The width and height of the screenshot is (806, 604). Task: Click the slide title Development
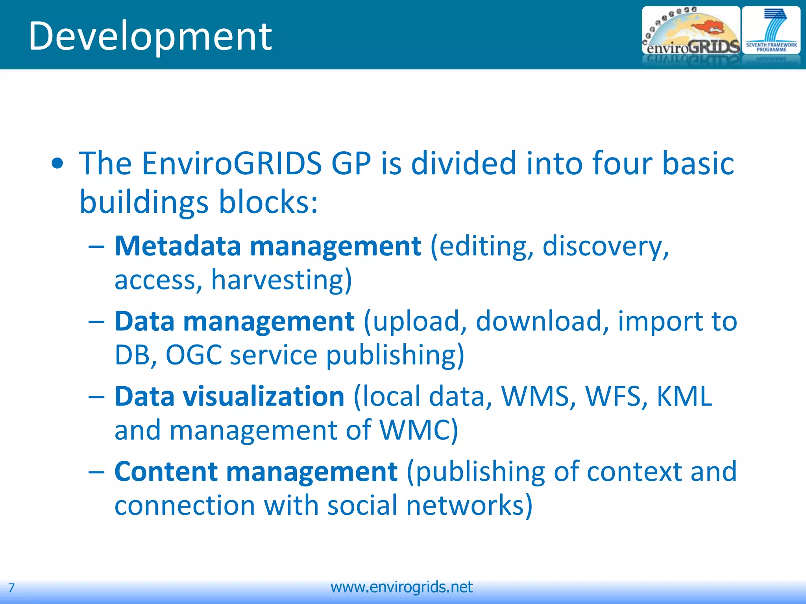pyautogui.click(x=150, y=36)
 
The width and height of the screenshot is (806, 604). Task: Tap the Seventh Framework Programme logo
pyautogui.click(x=771, y=31)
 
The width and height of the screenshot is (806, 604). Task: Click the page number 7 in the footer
pyautogui.click(x=11, y=588)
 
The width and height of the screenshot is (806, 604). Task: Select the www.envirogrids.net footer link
pyautogui.click(x=401, y=587)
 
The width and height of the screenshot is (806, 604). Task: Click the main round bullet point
pyautogui.click(x=57, y=164)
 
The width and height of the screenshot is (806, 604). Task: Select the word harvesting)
pyautogui.click(x=281, y=280)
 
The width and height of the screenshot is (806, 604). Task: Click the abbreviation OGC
pyautogui.click(x=194, y=355)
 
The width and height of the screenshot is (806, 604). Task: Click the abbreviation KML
pyautogui.click(x=684, y=396)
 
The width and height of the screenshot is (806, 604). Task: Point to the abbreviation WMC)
pyautogui.click(x=418, y=430)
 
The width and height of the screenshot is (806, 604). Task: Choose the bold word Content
pyautogui.click(x=166, y=471)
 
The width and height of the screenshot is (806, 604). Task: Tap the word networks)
pyautogui.click(x=469, y=505)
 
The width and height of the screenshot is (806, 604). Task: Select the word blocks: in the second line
pyautogui.click(x=268, y=202)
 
